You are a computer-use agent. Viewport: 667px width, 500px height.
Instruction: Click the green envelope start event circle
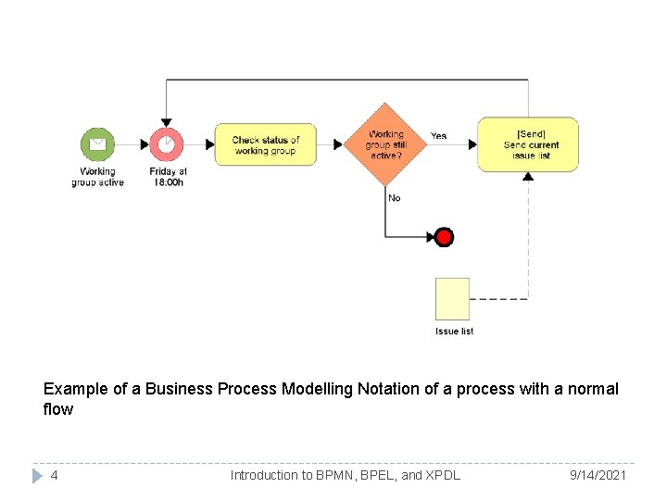click(97, 144)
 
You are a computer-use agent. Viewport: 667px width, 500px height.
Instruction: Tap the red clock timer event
click(167, 144)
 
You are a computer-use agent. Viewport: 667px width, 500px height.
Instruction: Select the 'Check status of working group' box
click(266, 144)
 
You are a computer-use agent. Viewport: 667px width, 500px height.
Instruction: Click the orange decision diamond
click(384, 144)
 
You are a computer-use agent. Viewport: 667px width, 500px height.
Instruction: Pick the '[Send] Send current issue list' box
click(528, 144)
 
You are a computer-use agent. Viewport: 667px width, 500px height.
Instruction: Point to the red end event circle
click(445, 238)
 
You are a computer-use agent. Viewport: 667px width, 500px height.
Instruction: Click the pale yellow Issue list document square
click(453, 298)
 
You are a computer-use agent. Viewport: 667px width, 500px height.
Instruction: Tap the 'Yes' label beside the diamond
click(438, 136)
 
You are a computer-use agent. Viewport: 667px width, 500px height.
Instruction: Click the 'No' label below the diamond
click(395, 198)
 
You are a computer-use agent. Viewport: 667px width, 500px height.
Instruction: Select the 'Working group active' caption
click(97, 177)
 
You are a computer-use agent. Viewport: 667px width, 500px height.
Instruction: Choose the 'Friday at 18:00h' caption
click(168, 177)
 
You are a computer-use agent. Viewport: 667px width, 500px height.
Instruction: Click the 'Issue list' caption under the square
click(454, 331)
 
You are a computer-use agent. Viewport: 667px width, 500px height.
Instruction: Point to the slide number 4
click(55, 475)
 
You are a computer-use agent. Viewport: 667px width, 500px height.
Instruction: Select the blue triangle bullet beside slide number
click(37, 475)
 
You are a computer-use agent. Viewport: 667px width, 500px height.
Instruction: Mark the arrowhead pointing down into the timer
click(167, 120)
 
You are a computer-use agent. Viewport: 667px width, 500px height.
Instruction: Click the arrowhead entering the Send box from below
click(528, 176)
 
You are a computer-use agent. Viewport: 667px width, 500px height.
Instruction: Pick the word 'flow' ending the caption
click(58, 409)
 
